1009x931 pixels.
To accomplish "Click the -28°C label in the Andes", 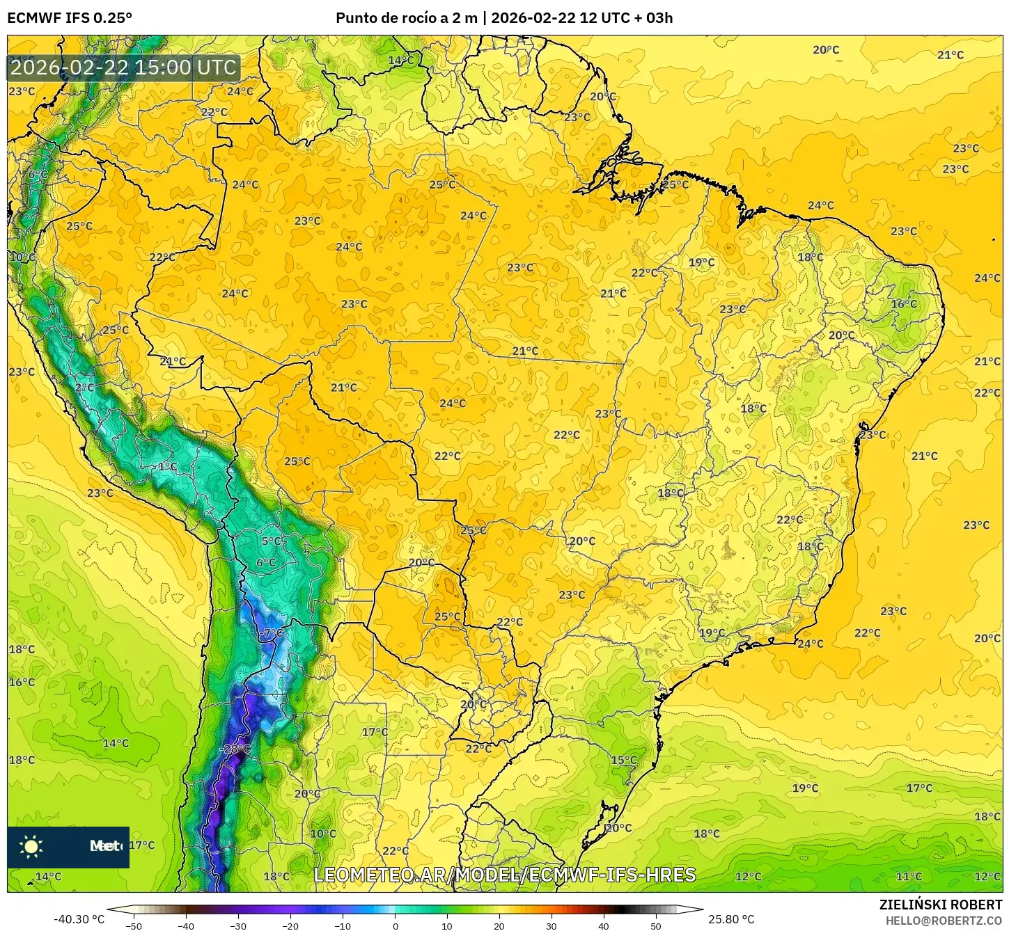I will click(235, 749).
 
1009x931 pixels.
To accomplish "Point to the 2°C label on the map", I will click(85, 388).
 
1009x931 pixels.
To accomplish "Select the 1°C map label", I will click(167, 466).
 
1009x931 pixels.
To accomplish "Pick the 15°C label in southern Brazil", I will click(624, 760).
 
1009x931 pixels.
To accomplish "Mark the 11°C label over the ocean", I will click(909, 877).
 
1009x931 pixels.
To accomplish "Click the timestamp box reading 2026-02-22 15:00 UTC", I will click(124, 67).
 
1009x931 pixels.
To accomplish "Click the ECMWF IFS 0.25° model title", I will click(70, 18).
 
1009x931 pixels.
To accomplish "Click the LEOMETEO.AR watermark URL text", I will click(505, 875).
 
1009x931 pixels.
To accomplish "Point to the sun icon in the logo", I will click(31, 847).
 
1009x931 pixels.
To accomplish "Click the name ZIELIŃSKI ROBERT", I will click(940, 905).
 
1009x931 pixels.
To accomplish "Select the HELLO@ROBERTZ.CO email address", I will click(944, 921).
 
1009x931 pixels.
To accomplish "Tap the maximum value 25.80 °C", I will click(731, 919).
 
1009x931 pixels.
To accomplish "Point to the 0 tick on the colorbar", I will click(395, 925).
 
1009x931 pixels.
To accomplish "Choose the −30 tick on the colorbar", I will click(238, 925).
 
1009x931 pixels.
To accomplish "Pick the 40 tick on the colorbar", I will click(603, 925).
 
